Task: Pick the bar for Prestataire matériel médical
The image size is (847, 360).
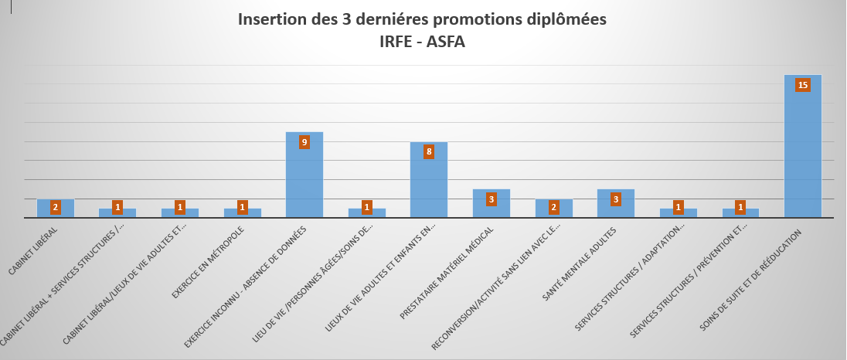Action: point(491,207)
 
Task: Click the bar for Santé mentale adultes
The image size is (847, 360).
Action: point(615,207)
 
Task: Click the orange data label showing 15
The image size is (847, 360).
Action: point(802,85)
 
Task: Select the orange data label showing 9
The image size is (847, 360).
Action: point(304,142)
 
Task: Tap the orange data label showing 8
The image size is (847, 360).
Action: point(428,152)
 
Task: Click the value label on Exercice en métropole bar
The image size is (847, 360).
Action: point(242,207)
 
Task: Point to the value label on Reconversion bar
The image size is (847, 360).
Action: point(553,207)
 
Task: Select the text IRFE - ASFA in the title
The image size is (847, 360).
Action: point(423,41)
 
